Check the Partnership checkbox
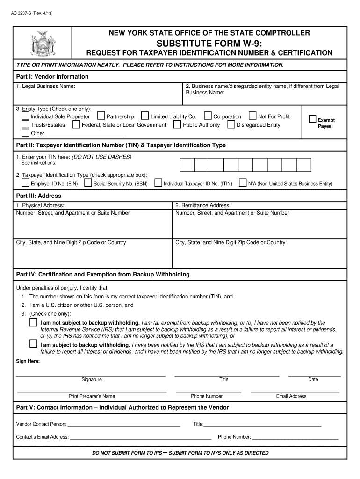pos(101,116)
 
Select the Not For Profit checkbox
pos(252,116)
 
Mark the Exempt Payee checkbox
pos(313,120)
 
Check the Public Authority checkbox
pos(177,124)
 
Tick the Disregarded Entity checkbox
pos(231,124)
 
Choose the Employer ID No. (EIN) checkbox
pos(25,183)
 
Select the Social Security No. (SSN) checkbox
pos(88,183)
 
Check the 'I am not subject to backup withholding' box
pos(33,322)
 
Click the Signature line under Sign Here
pos(91,374)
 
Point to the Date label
pos(313,379)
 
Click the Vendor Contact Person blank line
pos(124,425)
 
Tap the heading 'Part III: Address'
pos(39,196)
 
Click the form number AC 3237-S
pos(32,13)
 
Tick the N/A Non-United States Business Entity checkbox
pos(243,183)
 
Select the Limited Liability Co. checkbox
pos(145,116)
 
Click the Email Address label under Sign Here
pos(291,396)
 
